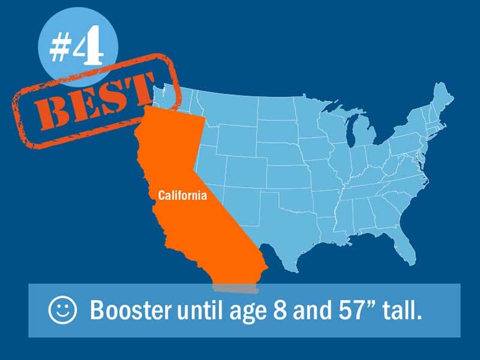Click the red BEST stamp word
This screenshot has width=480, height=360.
point(94,101)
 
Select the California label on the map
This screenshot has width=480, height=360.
point(182,196)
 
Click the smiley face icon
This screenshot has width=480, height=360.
point(62,310)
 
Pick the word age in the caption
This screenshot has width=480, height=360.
point(248,312)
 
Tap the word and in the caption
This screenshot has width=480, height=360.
point(312,309)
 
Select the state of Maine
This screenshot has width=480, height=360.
point(442,98)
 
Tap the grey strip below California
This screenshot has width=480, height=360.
point(236,289)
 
